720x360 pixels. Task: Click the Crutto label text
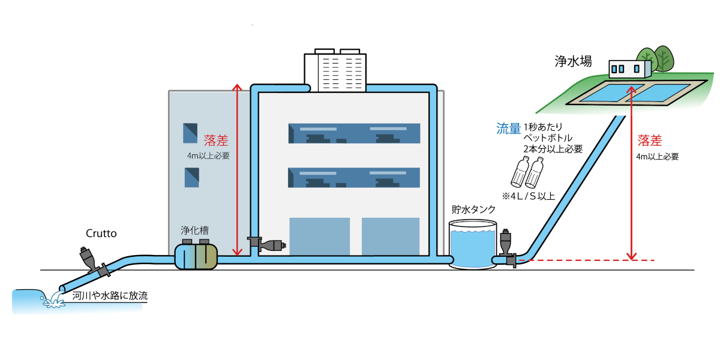100,233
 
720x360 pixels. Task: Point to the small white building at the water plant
630,68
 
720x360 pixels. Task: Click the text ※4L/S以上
529,196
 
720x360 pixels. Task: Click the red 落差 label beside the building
215,140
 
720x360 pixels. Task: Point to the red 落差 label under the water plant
650,141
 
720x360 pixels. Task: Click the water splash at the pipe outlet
53,299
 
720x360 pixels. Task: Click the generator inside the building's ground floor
267,244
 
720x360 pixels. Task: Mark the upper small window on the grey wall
191,133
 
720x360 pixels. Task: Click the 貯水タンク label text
474,209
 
